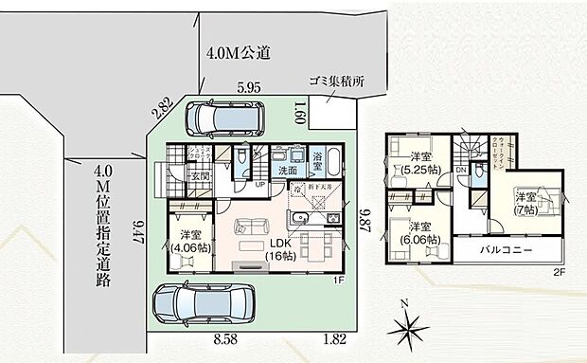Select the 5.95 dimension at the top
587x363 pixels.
point(248,86)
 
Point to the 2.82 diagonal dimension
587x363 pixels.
point(162,105)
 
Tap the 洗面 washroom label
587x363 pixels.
point(287,170)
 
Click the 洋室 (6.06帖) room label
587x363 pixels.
point(422,234)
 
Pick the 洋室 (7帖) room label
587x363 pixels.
point(526,204)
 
